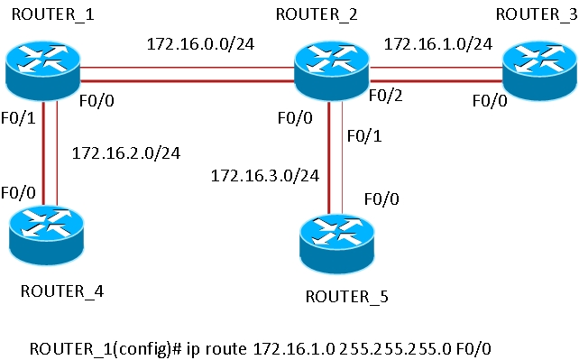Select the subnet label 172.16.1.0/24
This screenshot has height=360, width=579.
click(x=437, y=42)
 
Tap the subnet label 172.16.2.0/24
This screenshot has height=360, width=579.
click(x=125, y=152)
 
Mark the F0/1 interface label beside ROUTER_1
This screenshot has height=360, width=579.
click(x=18, y=117)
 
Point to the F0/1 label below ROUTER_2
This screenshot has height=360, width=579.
click(x=363, y=135)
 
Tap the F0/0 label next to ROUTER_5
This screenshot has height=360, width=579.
click(x=382, y=198)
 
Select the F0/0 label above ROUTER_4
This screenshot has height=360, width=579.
click(x=18, y=192)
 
